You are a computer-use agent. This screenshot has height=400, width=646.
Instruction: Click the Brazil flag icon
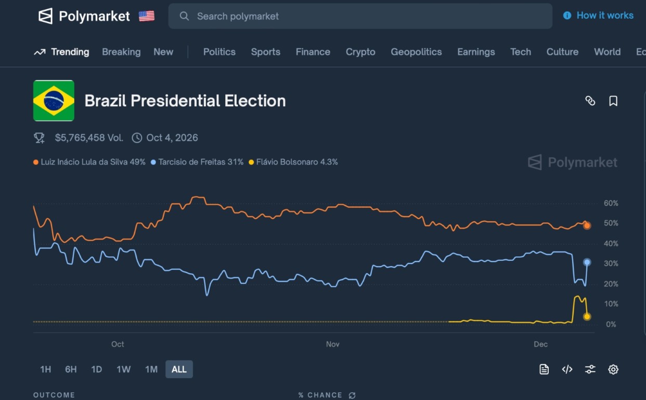(54, 101)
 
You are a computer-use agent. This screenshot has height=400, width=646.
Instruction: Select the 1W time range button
(123, 369)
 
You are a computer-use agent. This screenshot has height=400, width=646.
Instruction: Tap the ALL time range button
(179, 369)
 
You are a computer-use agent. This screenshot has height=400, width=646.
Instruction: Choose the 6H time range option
(71, 369)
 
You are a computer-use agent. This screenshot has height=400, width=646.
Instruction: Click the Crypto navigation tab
(360, 52)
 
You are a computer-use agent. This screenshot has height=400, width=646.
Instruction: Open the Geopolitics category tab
(416, 52)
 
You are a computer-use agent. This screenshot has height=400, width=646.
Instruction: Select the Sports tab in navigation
(265, 52)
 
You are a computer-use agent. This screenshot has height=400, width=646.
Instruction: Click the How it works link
(604, 16)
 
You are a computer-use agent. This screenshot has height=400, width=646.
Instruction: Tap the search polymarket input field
(360, 16)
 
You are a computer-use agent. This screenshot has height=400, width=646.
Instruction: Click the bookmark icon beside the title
(613, 101)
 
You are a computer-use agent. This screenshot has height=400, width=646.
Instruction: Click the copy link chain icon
(590, 101)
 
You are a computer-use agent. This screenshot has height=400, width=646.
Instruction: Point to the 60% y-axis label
(611, 203)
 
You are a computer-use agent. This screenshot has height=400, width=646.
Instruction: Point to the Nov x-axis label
(332, 344)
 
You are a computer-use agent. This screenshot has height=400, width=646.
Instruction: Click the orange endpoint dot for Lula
(587, 226)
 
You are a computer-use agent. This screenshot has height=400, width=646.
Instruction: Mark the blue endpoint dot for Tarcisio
(587, 262)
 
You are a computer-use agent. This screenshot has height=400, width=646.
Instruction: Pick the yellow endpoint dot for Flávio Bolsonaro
(587, 317)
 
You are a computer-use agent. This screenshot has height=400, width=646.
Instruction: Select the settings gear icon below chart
(613, 369)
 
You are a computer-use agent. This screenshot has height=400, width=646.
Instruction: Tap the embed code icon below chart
(567, 369)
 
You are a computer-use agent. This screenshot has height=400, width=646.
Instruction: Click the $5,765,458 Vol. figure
(89, 138)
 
